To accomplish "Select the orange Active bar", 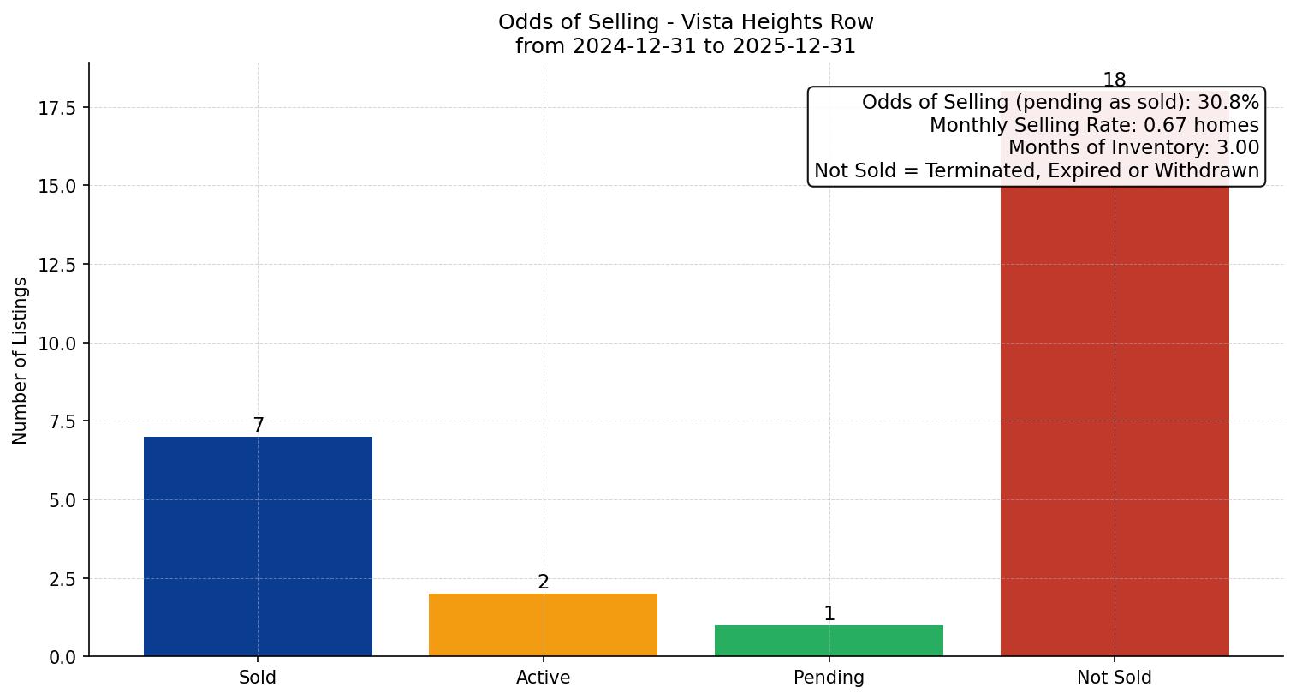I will (x=543, y=624).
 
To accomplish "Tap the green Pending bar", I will (x=829, y=640).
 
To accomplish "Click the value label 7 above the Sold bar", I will (x=259, y=425).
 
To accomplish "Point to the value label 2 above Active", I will (x=544, y=582).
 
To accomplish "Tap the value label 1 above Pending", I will (x=829, y=613).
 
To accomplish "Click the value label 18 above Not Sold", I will (x=1114, y=80).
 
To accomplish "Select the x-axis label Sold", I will (x=258, y=678).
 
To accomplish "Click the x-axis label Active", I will (x=543, y=678).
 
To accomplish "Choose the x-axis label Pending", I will (x=829, y=678).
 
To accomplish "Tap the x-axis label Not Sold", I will (x=1114, y=678).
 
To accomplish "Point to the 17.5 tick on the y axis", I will (x=57, y=108).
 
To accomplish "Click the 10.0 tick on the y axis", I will (x=57, y=344).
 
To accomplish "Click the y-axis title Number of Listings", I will (x=21, y=360).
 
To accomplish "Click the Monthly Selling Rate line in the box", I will (x=1094, y=125).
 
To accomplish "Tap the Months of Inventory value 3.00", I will (x=1238, y=147).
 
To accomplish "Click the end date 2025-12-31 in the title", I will (x=794, y=46).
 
